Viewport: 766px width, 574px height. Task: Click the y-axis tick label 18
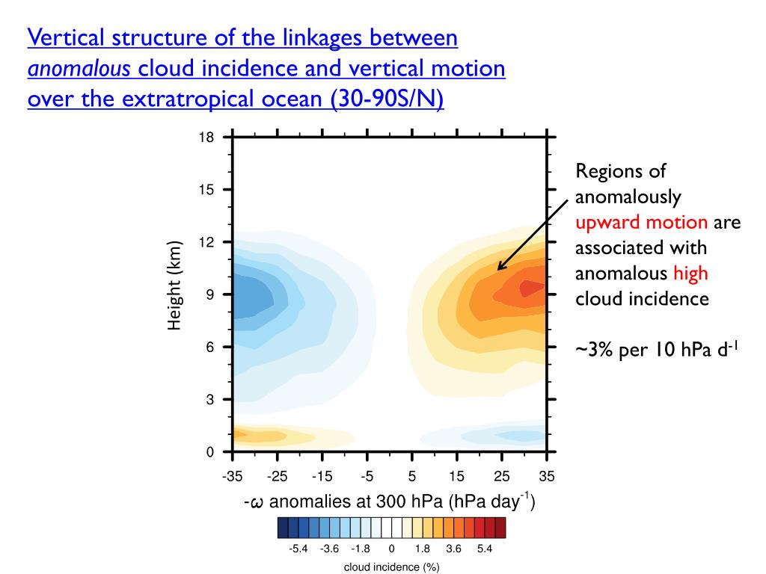(x=206, y=138)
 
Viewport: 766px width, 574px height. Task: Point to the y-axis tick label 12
(x=206, y=242)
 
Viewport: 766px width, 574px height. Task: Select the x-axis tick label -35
(x=233, y=476)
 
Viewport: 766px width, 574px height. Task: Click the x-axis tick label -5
(x=367, y=476)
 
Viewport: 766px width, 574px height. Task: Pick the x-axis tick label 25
(x=501, y=476)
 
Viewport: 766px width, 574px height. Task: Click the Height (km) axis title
(x=175, y=286)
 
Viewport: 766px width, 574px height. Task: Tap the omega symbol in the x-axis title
(x=257, y=502)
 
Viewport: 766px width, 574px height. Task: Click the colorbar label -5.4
(x=298, y=549)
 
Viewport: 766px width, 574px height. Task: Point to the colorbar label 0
(x=391, y=549)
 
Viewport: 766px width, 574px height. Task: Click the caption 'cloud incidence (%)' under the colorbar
(x=391, y=567)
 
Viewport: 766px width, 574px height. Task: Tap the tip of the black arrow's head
(x=497, y=270)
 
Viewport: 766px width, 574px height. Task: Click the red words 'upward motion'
(x=641, y=222)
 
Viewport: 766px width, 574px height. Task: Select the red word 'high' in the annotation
(x=690, y=274)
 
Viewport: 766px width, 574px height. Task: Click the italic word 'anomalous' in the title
(x=79, y=69)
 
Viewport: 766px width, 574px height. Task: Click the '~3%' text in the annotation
(x=594, y=350)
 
